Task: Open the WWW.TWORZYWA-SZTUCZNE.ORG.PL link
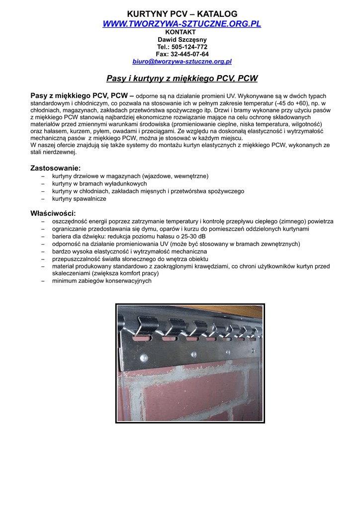(181, 24)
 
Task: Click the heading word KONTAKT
(180, 32)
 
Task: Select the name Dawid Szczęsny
(182, 39)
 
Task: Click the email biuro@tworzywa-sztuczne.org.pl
(182, 62)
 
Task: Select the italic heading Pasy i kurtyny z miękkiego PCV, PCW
(182, 78)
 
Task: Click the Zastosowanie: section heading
(56, 168)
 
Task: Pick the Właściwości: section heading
(53, 213)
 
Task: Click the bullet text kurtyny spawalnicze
(79, 198)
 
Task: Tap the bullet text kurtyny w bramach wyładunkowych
(99, 183)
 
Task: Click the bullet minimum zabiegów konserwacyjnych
(102, 281)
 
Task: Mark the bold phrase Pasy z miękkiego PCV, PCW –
(82, 94)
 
